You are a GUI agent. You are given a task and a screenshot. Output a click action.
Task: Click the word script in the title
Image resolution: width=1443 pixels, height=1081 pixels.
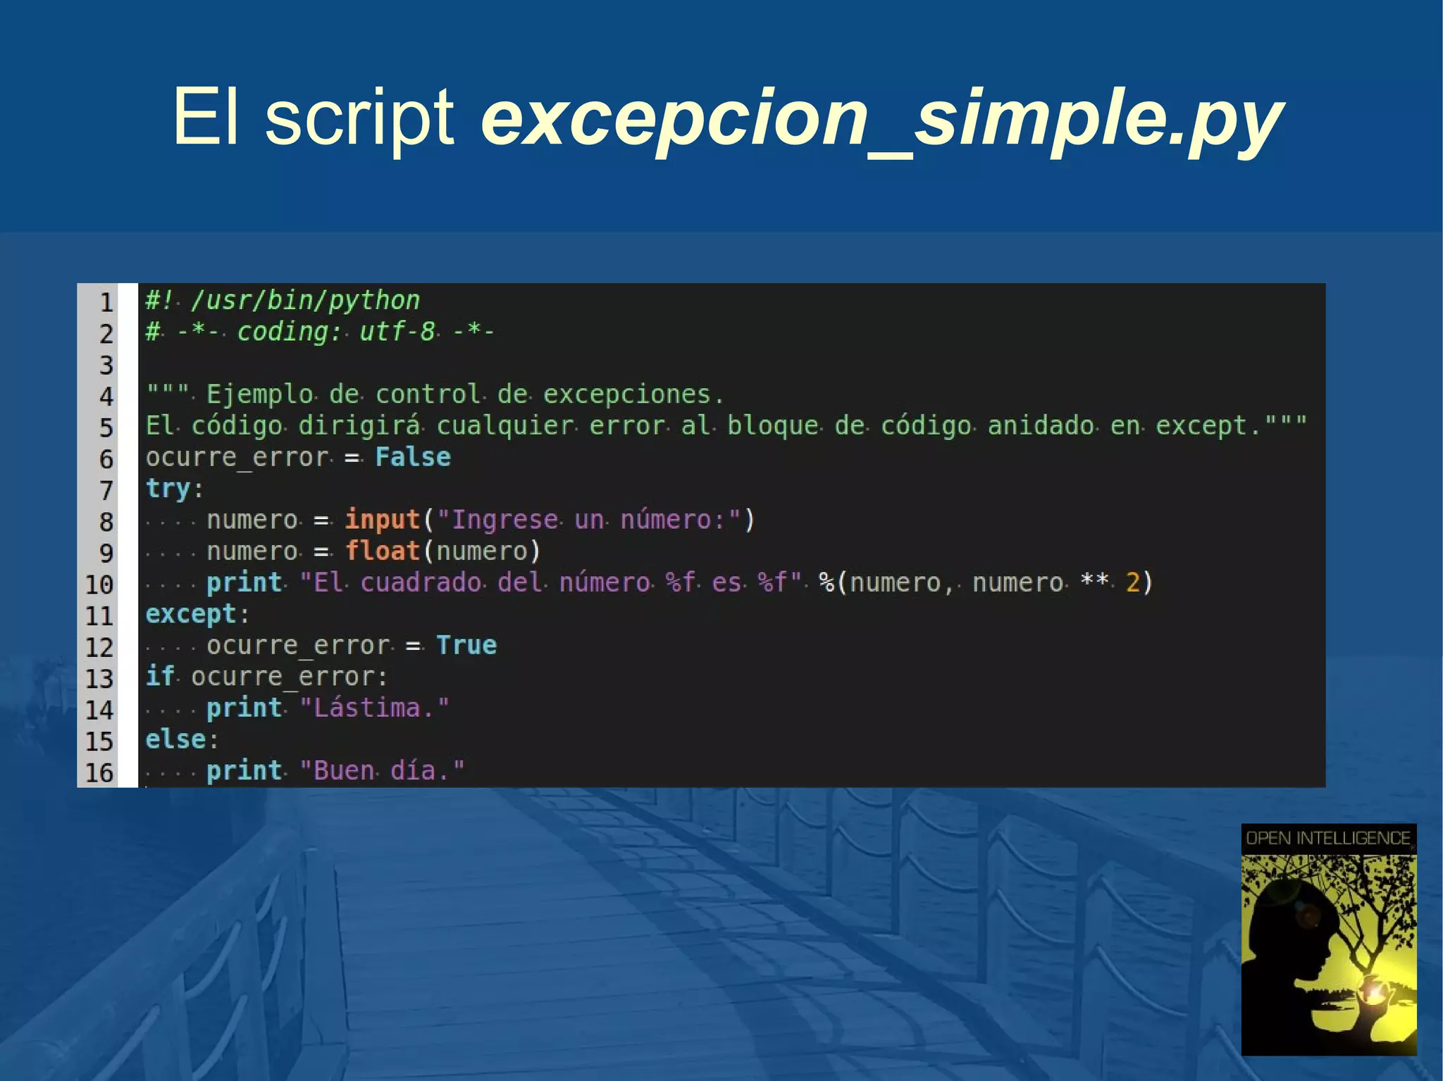click(x=359, y=118)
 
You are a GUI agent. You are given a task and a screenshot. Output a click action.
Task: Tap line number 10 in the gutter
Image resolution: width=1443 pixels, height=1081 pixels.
click(x=99, y=584)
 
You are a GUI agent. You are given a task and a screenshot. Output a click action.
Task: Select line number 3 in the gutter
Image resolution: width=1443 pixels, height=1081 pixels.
click(x=106, y=365)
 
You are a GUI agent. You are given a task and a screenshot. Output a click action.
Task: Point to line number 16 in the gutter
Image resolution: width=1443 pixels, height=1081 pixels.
click(x=99, y=773)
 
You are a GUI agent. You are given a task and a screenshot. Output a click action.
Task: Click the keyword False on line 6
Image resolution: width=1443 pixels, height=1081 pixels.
click(x=413, y=457)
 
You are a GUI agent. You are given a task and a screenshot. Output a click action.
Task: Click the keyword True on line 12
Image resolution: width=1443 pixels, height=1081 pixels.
click(x=466, y=645)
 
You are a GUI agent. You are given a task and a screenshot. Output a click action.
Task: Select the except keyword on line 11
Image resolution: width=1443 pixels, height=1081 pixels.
click(x=191, y=614)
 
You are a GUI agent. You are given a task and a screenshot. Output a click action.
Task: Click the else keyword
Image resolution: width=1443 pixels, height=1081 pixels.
click(x=176, y=739)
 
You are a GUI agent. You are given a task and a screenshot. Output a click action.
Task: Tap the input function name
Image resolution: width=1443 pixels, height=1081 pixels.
click(x=383, y=520)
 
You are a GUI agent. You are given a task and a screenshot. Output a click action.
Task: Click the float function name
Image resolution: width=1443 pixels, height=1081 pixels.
click(x=383, y=551)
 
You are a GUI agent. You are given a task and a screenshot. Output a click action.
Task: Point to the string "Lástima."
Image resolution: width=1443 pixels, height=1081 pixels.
click(x=374, y=708)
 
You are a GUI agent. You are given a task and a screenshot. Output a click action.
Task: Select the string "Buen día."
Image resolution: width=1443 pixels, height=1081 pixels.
click(x=382, y=770)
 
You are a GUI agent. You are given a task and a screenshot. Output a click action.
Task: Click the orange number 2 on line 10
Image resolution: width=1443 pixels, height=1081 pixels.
click(x=1132, y=582)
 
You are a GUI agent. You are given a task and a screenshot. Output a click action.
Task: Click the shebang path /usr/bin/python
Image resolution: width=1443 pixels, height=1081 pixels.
click(x=305, y=301)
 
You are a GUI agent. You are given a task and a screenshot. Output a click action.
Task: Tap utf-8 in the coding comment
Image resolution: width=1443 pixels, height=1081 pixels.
click(x=397, y=331)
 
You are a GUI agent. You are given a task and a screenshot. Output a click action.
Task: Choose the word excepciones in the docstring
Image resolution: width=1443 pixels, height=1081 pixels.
click(x=626, y=394)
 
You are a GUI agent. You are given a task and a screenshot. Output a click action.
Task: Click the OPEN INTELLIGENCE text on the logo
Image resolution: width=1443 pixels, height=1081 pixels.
click(x=1328, y=838)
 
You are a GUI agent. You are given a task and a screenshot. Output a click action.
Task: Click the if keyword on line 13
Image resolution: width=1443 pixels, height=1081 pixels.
click(x=160, y=676)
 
